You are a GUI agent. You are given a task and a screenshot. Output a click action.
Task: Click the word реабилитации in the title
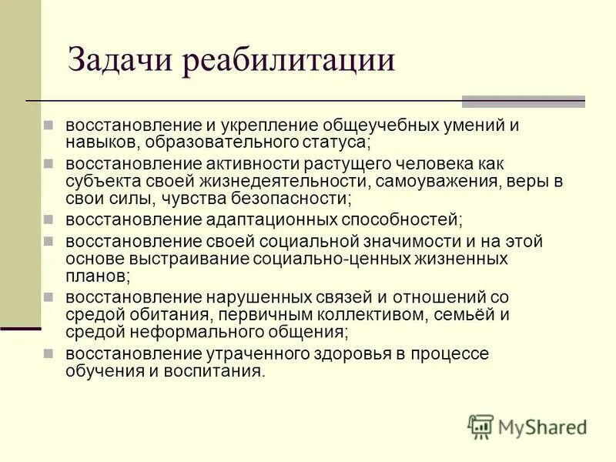pos(289,61)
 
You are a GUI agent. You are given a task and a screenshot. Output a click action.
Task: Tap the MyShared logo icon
pos(480,427)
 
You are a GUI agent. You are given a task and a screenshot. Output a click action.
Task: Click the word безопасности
pos(290,199)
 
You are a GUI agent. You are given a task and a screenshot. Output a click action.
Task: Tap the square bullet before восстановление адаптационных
pos(49,219)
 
